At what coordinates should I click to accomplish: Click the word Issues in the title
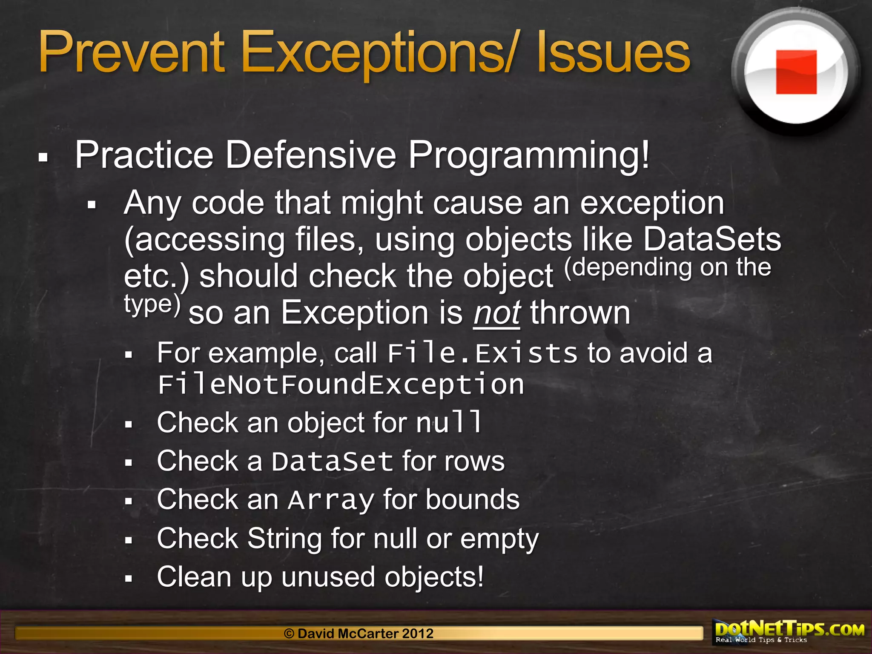[613, 53]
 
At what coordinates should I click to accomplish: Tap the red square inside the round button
[796, 72]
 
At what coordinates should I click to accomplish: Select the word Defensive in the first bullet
[311, 155]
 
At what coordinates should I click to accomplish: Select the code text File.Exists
[482, 353]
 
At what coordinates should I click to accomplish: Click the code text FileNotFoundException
[341, 384]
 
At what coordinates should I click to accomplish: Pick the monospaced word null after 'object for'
[449, 422]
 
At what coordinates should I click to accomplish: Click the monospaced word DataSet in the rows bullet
[332, 462]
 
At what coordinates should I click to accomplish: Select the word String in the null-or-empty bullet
[284, 539]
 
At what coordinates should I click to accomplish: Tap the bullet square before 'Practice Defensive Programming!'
[43, 158]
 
